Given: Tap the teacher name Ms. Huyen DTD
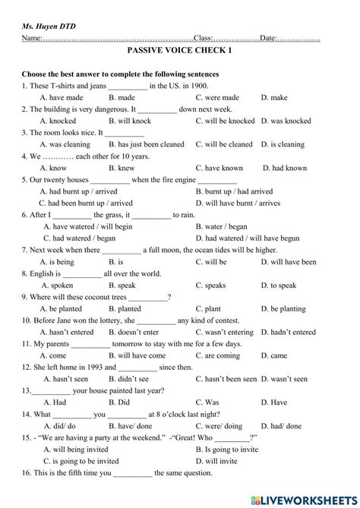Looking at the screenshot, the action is pyautogui.click(x=49, y=26).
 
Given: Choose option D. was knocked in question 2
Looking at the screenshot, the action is pyautogui.click(x=286, y=121).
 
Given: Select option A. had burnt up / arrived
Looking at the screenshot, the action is pyautogui.click(x=83, y=191).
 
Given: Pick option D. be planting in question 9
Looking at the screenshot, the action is pyautogui.click(x=283, y=309).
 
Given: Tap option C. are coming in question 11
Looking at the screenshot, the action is pyautogui.click(x=217, y=355).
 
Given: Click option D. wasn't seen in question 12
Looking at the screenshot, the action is pyautogui.click(x=284, y=378).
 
